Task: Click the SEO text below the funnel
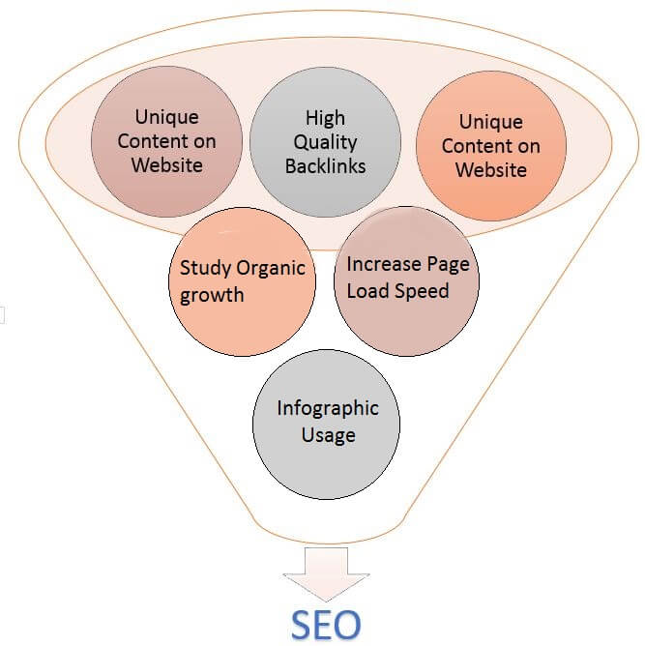point(325,625)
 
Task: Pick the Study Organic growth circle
point(247,280)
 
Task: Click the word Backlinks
point(325,167)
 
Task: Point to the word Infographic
point(327,407)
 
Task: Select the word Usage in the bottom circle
point(327,435)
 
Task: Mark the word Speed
point(423,289)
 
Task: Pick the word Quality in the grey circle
point(325,142)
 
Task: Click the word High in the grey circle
point(325,117)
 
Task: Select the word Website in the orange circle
point(491,170)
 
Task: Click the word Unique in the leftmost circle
point(166,116)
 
